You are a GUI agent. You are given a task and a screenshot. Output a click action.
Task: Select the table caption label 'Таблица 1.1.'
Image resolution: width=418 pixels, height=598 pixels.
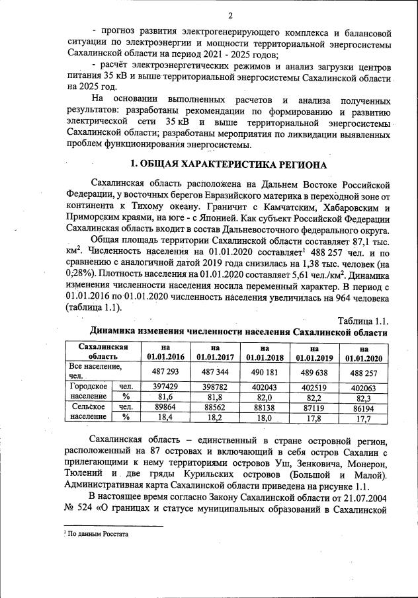point(362,320)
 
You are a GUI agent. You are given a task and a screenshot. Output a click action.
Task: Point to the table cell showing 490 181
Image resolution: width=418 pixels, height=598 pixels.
point(264,371)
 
